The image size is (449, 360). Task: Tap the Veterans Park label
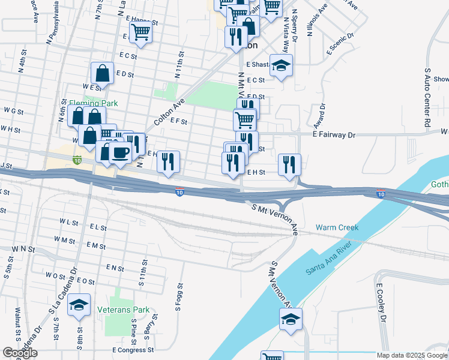coord(123,310)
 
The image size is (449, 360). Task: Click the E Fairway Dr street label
coord(334,136)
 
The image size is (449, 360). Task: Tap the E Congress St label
coord(133,349)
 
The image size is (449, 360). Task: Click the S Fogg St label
coord(179,297)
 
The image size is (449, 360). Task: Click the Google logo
coord(20,353)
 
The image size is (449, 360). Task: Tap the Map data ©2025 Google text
coord(412,355)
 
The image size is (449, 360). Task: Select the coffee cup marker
coord(121,153)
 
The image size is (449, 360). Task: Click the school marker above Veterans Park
coord(79,306)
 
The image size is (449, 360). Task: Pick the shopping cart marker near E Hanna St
coord(140,32)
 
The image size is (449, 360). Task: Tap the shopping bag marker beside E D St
coord(103,73)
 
